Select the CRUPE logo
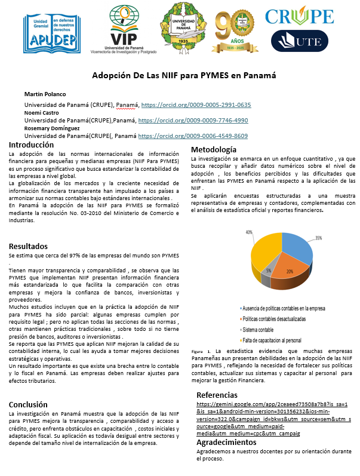[299, 16]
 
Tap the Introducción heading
[32, 145]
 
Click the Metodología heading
[214, 149]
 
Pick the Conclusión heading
[29, 386]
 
